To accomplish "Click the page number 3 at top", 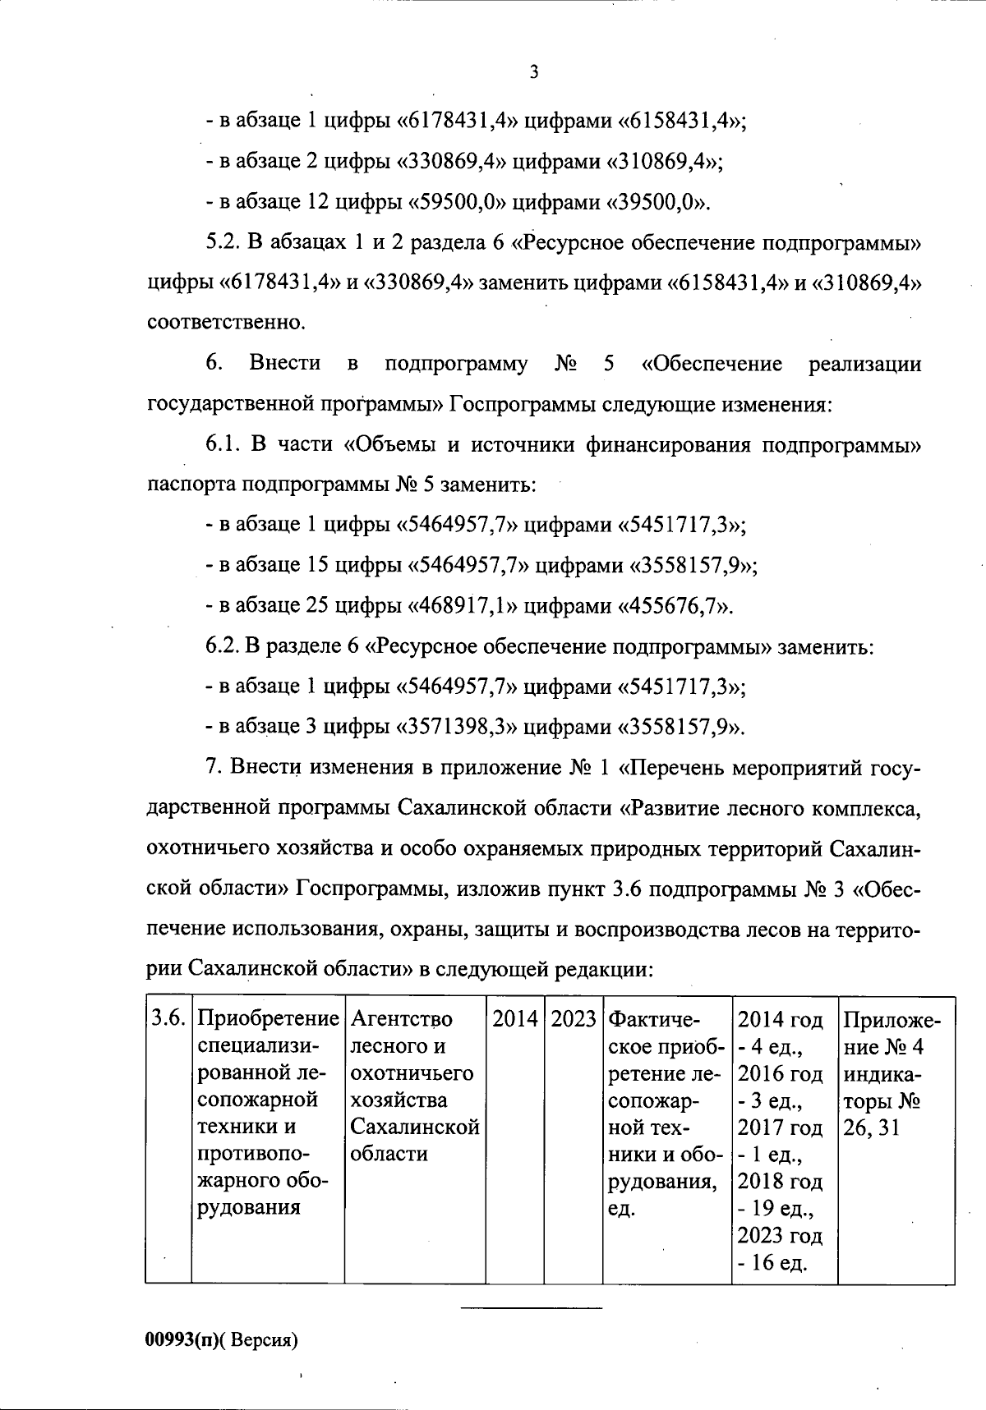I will [533, 72].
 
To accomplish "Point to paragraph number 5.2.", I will [221, 243].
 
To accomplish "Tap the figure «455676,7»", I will [675, 606].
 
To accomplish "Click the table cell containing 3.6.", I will [168, 1019].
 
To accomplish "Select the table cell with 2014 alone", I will [515, 1019].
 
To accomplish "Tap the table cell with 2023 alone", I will [574, 1019].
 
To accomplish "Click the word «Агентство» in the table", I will [401, 1019].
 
